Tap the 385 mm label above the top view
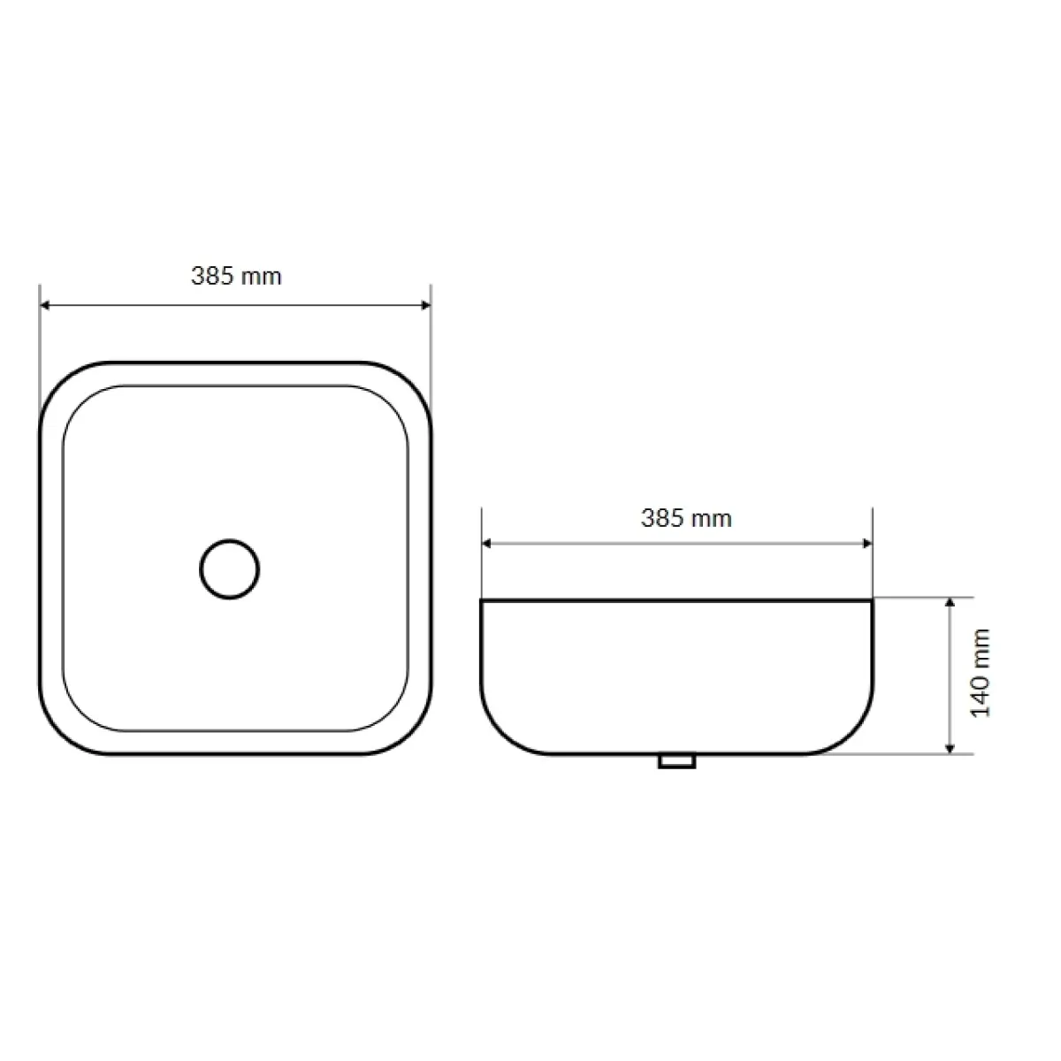236,276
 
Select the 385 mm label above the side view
686,518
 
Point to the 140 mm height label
980,673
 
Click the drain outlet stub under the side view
676,761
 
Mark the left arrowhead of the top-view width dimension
45,305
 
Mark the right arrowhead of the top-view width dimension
425,305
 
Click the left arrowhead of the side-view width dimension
486,544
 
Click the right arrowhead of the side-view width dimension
867,544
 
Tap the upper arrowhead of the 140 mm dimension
950,602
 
